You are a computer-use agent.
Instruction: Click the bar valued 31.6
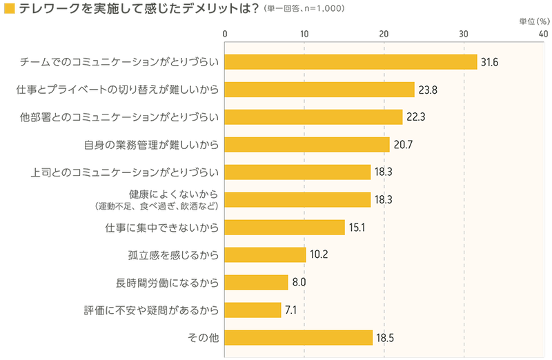coord(351,62)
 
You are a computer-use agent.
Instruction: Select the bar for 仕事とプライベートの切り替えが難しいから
coord(320,90)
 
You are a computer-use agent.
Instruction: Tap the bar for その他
coord(299,338)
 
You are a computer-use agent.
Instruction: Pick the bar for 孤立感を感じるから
coord(266,254)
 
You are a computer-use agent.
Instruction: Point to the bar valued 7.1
coord(253,310)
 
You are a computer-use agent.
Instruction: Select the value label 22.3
coord(416,117)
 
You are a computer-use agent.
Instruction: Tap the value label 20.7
coord(404,145)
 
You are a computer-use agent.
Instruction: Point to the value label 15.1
coord(358,228)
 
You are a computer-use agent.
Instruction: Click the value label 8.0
coord(299,282)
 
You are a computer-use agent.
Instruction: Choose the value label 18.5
coord(385,338)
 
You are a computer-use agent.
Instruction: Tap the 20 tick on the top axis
coord(384,33)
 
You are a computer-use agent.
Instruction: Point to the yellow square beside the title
coord(10,10)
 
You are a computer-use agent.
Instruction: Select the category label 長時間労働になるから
coord(168,282)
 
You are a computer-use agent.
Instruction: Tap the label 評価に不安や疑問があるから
coord(151,310)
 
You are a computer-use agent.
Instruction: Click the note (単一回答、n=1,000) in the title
coord(304,10)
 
